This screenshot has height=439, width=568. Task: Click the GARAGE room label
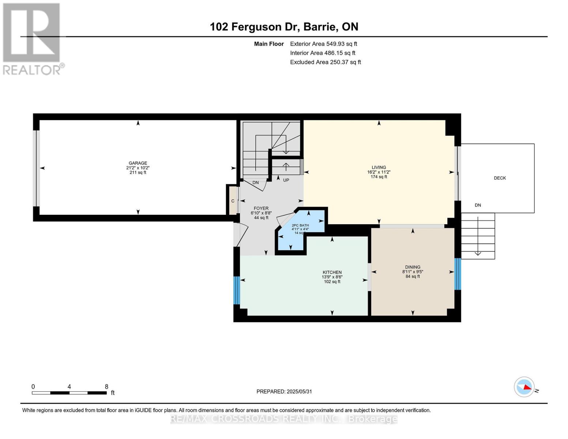click(x=138, y=164)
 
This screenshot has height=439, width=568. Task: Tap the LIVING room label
click(x=379, y=168)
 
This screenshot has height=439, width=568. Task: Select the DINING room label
click(x=413, y=267)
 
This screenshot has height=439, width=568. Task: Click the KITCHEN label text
click(x=332, y=273)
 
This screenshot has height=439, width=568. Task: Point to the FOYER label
click(x=261, y=209)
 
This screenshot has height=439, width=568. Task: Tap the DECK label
click(x=500, y=178)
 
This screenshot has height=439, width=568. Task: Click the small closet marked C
click(x=233, y=201)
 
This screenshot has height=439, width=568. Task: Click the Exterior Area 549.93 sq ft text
click(x=323, y=44)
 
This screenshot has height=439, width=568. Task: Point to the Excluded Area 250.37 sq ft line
click(x=325, y=62)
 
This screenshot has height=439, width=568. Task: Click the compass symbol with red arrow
click(x=524, y=387)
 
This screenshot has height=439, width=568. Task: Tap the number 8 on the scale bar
click(x=106, y=387)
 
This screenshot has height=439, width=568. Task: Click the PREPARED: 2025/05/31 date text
click(x=284, y=391)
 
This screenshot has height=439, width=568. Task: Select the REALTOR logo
click(x=32, y=38)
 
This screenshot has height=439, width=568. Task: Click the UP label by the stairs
click(x=286, y=180)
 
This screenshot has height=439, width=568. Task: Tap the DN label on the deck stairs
click(x=478, y=205)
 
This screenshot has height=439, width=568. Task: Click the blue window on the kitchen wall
click(x=237, y=290)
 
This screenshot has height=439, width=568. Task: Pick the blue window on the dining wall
click(x=458, y=274)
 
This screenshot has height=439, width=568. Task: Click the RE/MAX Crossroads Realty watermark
click(x=284, y=419)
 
